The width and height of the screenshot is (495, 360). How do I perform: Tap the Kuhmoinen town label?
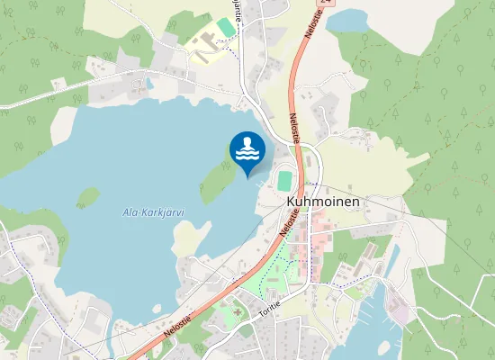click(x=322, y=202)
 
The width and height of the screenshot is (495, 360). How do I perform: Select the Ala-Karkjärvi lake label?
click(x=153, y=213)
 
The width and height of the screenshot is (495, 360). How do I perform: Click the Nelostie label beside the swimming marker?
click(x=294, y=127)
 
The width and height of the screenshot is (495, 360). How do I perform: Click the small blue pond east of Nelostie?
click(x=347, y=21)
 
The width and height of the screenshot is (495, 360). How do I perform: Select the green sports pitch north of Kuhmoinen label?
click(x=284, y=180)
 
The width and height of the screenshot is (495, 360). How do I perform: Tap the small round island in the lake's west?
click(x=87, y=196)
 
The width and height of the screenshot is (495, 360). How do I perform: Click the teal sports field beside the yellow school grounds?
click(x=226, y=28)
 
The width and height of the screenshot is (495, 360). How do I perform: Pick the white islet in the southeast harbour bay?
click(x=384, y=346)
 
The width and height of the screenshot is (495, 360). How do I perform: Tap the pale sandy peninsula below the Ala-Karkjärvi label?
click(x=186, y=238)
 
